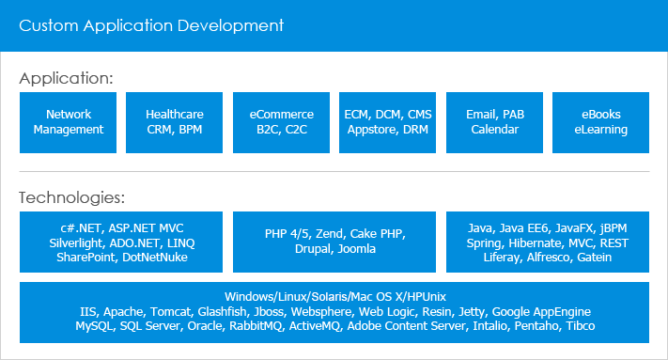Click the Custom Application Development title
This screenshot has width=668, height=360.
151,24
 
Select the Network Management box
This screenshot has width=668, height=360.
69,122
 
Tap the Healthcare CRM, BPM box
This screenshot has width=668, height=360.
175,122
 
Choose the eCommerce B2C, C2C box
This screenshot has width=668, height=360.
281,122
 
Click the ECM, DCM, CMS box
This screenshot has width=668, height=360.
388,122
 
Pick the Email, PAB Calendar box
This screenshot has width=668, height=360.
494,122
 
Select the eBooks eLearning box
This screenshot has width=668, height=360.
601,122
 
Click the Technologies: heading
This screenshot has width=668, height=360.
71,197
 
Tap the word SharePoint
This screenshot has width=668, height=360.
87,257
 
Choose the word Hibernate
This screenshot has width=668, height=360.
535,243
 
